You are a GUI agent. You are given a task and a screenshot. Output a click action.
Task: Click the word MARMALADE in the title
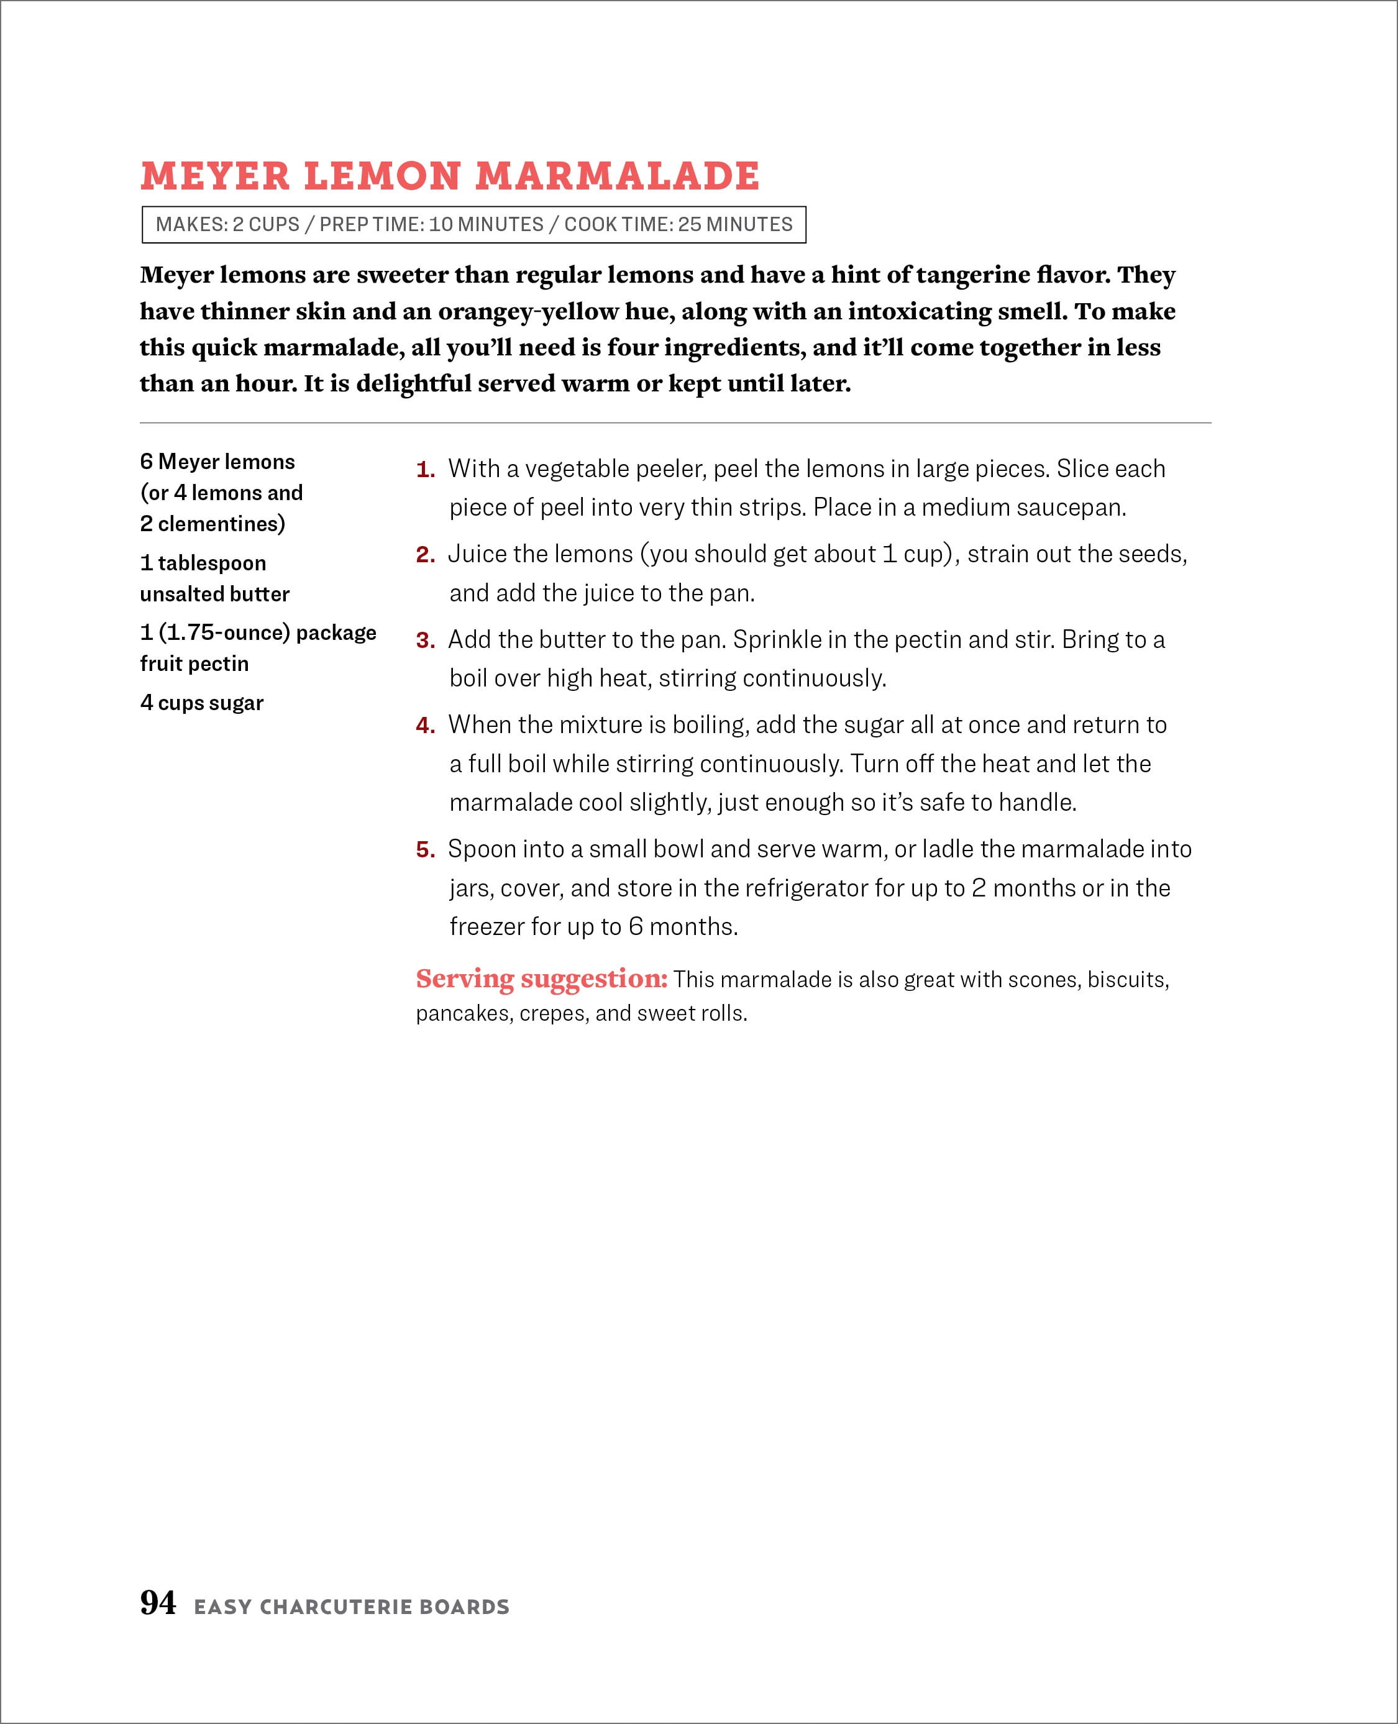(616, 176)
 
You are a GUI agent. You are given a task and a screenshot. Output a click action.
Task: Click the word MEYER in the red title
(215, 176)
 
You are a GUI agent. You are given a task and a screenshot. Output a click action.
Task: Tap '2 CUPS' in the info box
(266, 225)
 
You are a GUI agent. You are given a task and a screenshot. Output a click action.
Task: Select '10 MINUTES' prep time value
(486, 225)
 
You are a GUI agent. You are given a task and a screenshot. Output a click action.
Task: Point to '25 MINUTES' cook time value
(734, 225)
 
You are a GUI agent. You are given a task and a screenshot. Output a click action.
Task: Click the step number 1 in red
(424, 470)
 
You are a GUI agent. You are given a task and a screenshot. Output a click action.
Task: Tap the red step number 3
(425, 640)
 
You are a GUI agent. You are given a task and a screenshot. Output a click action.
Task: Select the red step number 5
(425, 849)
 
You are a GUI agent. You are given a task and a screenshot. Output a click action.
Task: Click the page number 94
(158, 1602)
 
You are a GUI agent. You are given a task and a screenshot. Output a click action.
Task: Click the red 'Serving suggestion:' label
(541, 978)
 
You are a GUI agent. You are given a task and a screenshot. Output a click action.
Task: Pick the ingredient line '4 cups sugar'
(202, 703)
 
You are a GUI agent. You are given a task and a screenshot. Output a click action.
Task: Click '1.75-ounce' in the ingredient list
(224, 633)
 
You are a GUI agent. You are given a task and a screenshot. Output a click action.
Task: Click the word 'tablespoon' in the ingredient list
(212, 563)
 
